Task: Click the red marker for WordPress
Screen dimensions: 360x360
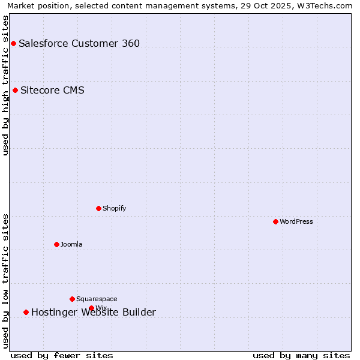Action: point(275,221)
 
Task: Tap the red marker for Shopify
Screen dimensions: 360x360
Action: point(98,208)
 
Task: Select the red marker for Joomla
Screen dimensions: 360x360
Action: point(56,244)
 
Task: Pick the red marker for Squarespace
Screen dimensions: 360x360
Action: point(72,299)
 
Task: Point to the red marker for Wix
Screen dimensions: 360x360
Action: point(91,308)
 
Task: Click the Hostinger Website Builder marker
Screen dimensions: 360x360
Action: point(26,312)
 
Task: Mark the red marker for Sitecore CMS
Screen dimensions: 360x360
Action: point(15,91)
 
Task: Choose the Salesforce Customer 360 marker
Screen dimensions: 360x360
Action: point(13,43)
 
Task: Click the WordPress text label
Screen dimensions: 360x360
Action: point(296,221)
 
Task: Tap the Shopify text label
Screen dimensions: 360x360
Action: point(114,208)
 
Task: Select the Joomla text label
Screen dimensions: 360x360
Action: point(71,244)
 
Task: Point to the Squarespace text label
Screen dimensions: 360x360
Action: point(97,299)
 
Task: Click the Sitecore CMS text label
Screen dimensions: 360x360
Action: point(52,91)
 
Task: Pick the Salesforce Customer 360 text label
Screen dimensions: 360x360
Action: point(79,43)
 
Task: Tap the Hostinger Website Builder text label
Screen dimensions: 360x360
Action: point(94,312)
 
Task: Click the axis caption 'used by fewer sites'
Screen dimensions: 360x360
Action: point(62,355)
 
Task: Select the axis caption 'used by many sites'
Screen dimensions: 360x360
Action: point(301,355)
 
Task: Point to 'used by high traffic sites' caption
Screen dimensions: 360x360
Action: point(5,85)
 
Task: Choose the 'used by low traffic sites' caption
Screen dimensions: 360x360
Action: point(5,281)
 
